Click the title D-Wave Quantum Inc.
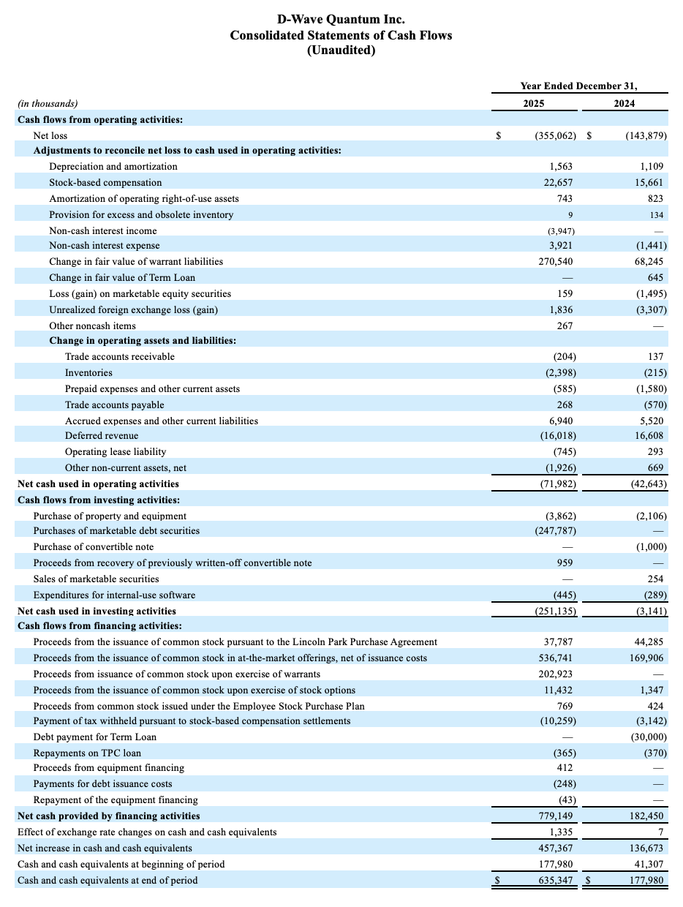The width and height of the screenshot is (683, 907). coord(341,19)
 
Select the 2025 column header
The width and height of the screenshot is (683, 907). coord(534,103)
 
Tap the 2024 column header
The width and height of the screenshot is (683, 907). coord(624,103)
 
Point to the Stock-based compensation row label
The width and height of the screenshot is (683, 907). coord(105,183)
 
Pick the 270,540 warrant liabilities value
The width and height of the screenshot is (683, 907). coord(556,262)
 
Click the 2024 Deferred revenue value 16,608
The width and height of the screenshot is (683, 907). coord(646,436)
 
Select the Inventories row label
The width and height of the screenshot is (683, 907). coord(88,373)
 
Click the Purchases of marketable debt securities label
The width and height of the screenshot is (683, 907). coord(116,531)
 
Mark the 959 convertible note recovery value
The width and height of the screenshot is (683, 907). coord(565,563)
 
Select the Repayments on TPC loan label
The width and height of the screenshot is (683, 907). coord(87,753)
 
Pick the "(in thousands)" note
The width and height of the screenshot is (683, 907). coord(48,104)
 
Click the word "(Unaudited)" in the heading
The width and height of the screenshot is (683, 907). coord(341,50)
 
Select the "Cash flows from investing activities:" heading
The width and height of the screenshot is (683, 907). coord(99,500)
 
